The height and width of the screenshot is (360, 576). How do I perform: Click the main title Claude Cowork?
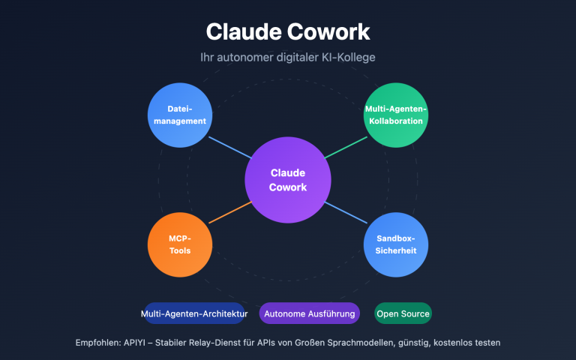(288, 31)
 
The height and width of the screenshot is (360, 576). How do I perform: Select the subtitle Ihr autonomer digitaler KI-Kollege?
(288, 58)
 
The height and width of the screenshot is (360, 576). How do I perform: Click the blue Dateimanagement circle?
(179, 115)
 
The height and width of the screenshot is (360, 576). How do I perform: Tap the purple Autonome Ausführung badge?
(309, 313)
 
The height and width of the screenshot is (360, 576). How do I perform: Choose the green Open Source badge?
(403, 313)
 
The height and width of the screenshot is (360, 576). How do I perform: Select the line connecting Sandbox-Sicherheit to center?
(346, 213)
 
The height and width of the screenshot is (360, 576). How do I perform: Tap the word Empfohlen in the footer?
(99, 343)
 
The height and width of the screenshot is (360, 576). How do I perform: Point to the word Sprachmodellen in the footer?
(364, 343)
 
